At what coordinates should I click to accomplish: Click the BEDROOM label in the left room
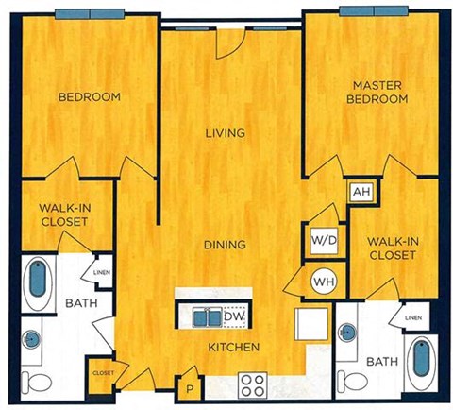tap(90, 97)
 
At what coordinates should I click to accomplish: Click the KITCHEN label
tap(234, 348)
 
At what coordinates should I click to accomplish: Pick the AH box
tap(360, 192)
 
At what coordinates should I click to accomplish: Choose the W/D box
tap(321, 240)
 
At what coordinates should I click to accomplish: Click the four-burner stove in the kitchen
tap(253, 385)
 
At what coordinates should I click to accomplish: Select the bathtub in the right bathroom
tap(417, 360)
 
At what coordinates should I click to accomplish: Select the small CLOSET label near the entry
tap(104, 373)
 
